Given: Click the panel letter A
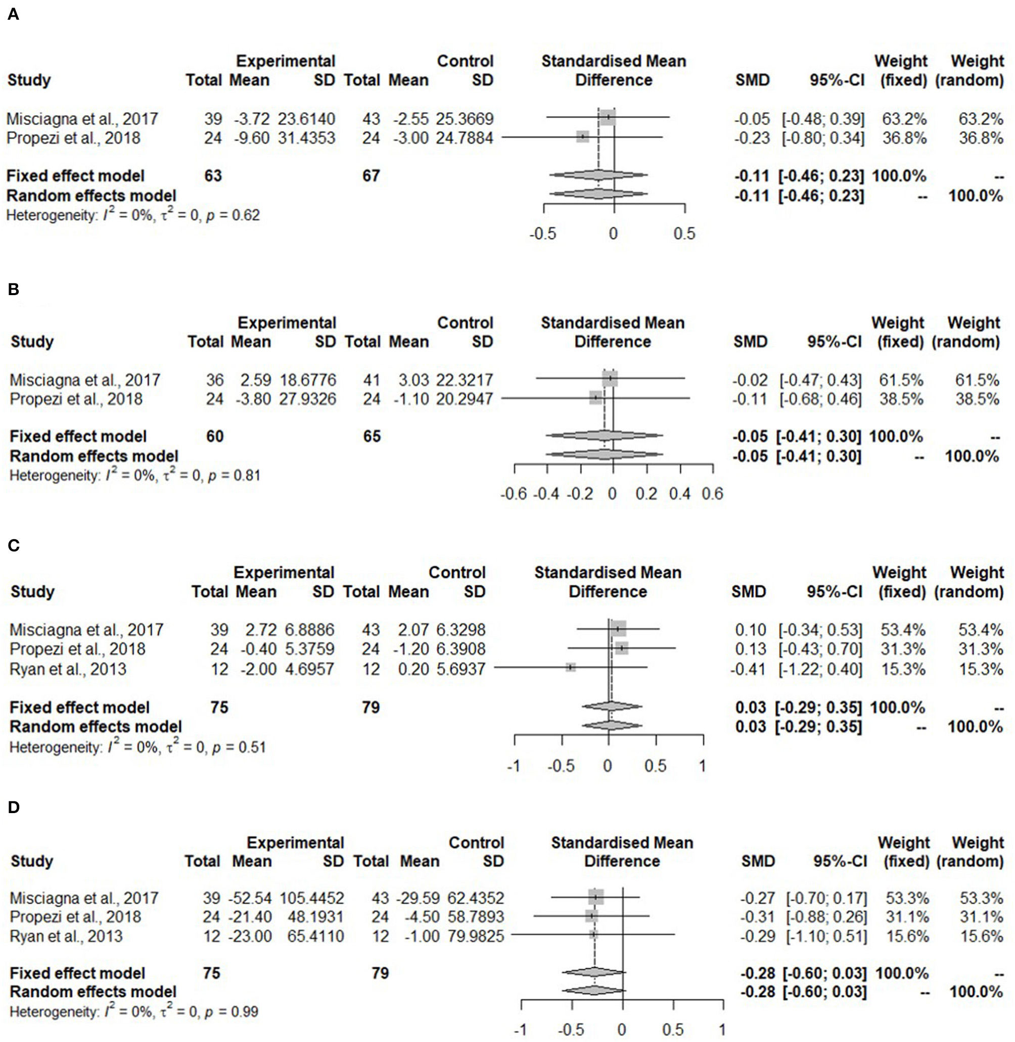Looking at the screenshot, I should (13, 14).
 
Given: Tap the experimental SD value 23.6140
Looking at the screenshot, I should (306, 118).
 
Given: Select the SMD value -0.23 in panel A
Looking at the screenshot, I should (752, 138).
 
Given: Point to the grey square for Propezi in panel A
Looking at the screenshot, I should (583, 137).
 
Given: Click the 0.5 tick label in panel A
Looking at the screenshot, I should (684, 234).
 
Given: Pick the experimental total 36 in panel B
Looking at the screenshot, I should (215, 380).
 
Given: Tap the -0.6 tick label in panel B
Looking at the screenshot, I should (514, 494).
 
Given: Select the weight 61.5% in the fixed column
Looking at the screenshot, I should (901, 380).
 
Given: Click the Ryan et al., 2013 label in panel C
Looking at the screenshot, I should (68, 669).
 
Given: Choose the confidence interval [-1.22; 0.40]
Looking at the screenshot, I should (820, 669).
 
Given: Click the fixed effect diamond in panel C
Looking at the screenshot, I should (612, 707).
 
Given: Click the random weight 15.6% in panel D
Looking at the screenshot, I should (981, 936).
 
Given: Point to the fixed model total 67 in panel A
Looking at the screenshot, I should (371, 176).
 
